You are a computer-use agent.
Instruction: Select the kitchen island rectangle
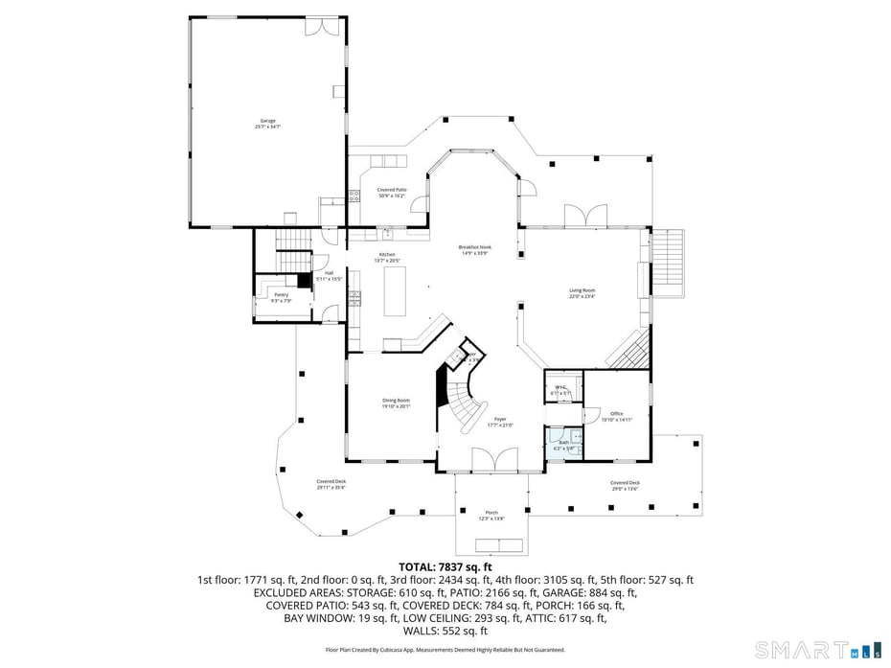(x=396, y=291)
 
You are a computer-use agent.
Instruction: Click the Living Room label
(x=583, y=293)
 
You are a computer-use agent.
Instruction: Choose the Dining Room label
(x=397, y=403)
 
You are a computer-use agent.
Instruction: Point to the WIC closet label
(x=560, y=389)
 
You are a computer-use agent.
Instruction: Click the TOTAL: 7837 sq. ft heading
(x=445, y=566)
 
